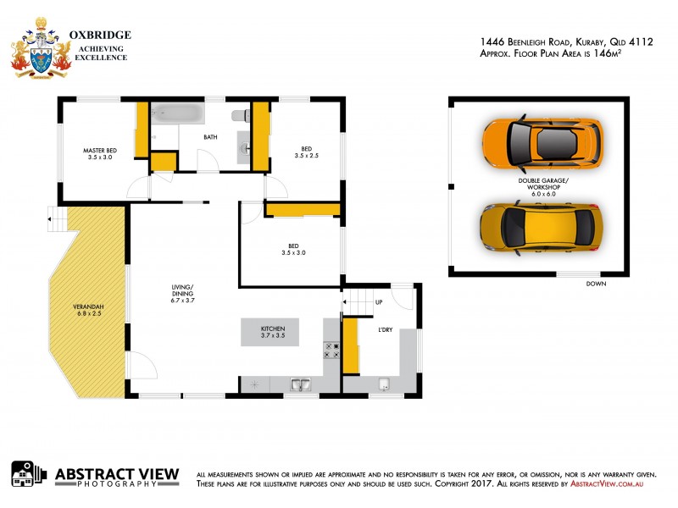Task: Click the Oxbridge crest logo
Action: click(40, 47)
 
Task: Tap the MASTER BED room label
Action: click(101, 150)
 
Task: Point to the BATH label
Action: click(211, 136)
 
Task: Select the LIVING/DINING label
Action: click(183, 292)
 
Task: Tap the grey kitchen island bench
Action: click(273, 331)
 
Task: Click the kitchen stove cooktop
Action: click(331, 351)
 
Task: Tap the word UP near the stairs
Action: click(378, 301)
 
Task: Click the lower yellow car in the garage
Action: click(542, 227)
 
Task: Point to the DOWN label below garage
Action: click(597, 284)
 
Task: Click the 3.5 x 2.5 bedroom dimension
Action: click(306, 156)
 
